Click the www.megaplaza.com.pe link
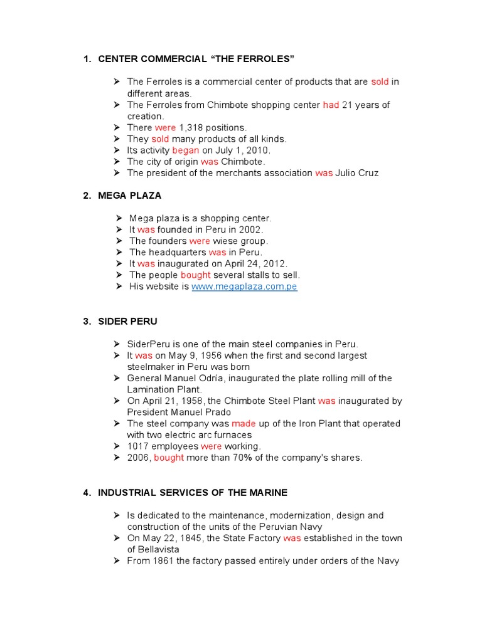point(244,287)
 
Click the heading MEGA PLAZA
point(129,196)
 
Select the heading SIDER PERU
point(127,322)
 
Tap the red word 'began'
point(186,150)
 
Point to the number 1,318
point(191,128)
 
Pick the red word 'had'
point(331,105)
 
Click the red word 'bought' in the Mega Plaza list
point(196,275)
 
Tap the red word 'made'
point(244,424)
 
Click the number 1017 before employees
point(138,446)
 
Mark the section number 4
point(86,493)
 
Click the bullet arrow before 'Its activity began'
point(117,150)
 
